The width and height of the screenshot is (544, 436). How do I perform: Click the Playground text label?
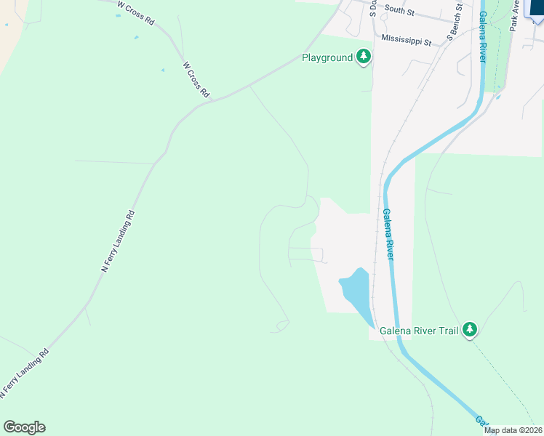[x=327, y=57]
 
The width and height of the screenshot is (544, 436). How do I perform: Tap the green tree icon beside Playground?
[x=363, y=57]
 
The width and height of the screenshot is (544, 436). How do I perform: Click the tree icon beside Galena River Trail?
[x=470, y=331]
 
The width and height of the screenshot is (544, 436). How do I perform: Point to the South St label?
[x=399, y=12]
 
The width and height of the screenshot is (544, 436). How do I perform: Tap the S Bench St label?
[x=455, y=23]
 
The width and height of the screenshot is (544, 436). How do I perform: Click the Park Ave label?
[x=514, y=15]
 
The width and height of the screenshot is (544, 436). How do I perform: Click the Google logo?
[x=24, y=427]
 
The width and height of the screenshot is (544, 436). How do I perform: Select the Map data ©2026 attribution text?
[x=513, y=430]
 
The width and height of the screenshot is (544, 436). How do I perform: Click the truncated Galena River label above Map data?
[x=481, y=421]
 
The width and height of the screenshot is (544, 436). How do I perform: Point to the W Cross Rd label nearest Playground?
[x=196, y=79]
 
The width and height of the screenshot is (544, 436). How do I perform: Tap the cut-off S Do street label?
[x=372, y=9]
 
